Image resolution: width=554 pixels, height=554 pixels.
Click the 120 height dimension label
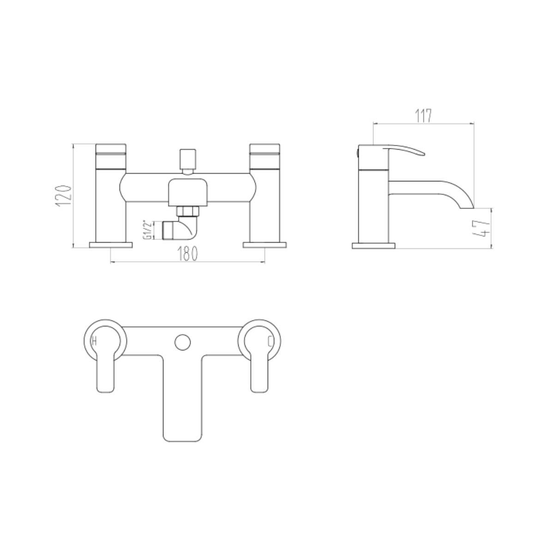point(63,196)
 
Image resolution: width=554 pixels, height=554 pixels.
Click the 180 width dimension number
point(187,253)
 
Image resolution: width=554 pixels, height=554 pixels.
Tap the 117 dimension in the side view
point(423,116)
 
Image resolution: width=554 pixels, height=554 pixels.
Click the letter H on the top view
point(94,342)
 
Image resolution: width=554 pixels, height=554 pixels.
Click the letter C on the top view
point(270,342)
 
